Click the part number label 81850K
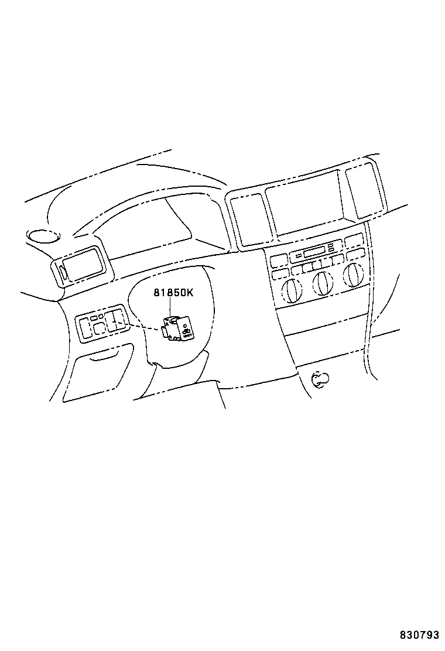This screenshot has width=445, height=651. [173, 293]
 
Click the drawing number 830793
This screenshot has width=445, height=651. [419, 635]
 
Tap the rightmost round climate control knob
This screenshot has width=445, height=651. [353, 276]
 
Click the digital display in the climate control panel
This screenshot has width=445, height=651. [314, 253]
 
